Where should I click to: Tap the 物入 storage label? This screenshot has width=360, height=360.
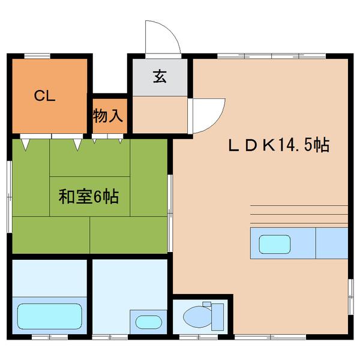click(x=108, y=115)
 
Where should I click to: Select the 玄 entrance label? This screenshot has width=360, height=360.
click(x=160, y=77)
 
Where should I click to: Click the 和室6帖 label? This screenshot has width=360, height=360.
click(x=88, y=196)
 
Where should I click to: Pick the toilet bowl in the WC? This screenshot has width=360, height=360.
click(x=195, y=314)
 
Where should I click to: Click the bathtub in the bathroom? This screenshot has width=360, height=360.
click(x=49, y=314)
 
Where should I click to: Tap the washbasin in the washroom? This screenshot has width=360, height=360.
click(x=148, y=321)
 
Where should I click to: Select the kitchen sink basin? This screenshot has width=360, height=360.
click(x=274, y=244)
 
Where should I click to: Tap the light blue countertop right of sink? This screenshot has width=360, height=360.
click(x=332, y=243)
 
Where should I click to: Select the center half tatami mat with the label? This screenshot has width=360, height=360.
click(x=89, y=196)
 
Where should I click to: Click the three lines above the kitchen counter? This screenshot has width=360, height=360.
click(x=298, y=213)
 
